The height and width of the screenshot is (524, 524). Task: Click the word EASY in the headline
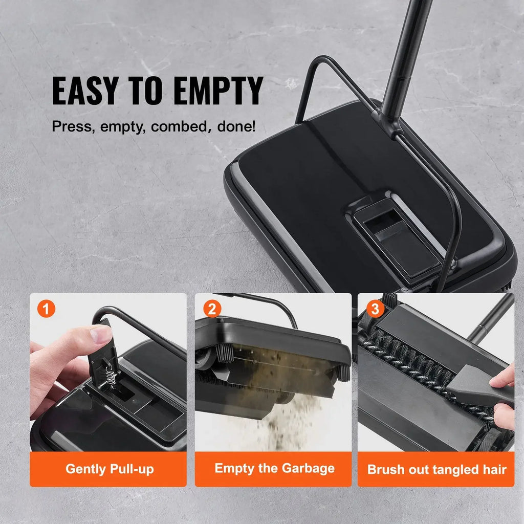point(85,92)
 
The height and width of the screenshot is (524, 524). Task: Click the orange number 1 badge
point(47,309)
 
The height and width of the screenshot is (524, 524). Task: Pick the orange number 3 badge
point(375,309)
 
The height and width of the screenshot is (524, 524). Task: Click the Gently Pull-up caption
point(110,469)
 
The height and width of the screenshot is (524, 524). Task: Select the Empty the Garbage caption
point(274,468)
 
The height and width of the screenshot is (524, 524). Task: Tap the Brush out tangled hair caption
point(436,469)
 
